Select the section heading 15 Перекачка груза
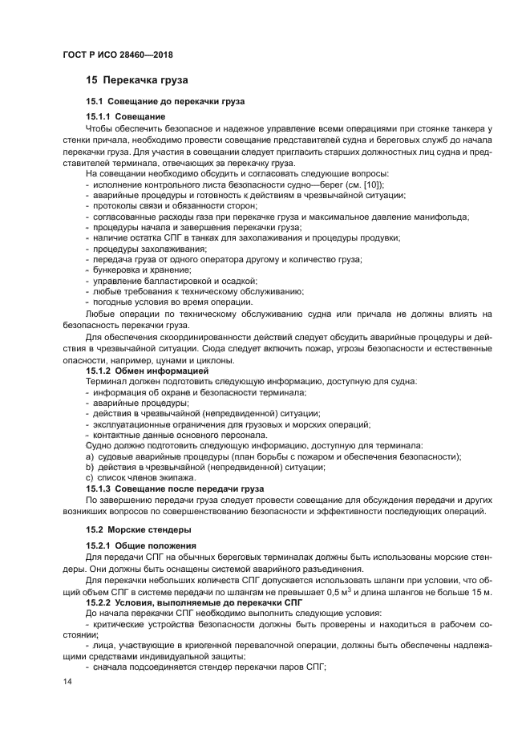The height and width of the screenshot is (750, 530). click(x=137, y=80)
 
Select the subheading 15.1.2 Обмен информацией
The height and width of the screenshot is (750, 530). click(x=141, y=371)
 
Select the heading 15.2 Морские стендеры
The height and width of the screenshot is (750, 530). click(x=136, y=529)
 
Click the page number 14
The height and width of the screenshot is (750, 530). click(x=67, y=681)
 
